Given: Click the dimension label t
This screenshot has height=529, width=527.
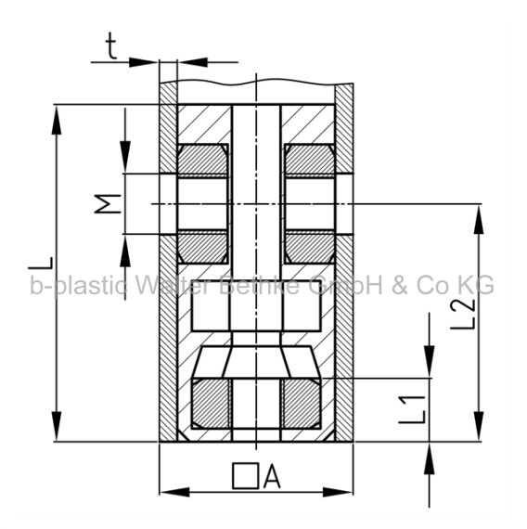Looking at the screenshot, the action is [111, 47].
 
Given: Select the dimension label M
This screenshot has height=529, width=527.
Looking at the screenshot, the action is [108, 204].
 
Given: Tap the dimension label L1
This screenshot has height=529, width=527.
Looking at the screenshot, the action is [412, 409].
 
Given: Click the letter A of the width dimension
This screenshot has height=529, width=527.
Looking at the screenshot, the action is [272, 476].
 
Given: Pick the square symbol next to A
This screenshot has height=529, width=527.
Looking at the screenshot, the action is [245, 476].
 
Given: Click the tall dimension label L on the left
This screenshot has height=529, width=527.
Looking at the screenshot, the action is [41, 264].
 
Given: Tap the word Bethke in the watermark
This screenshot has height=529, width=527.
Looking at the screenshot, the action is [259, 285].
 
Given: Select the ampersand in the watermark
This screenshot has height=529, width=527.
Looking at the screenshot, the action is [400, 286].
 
